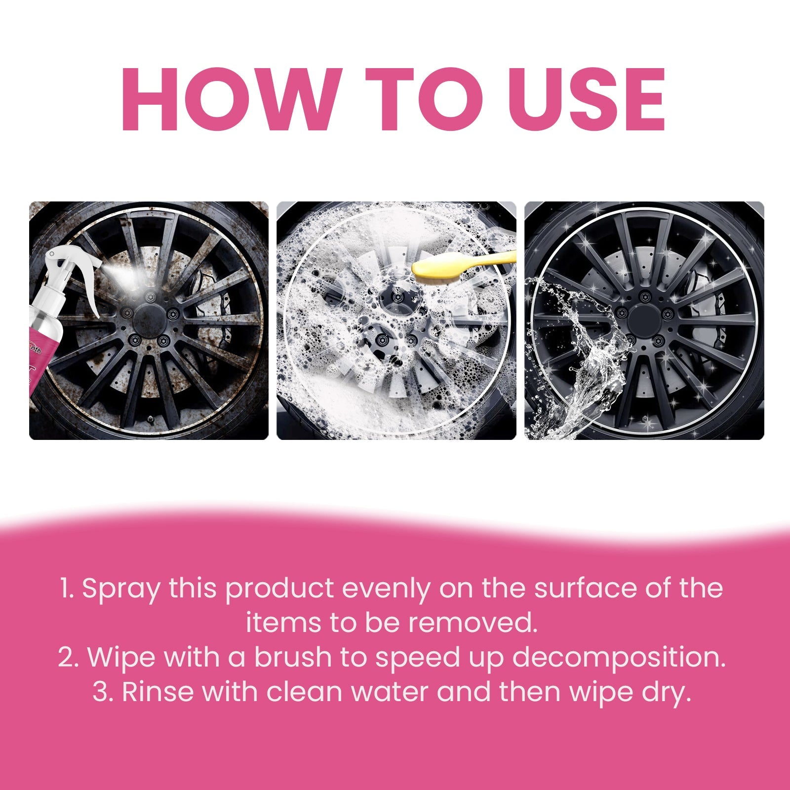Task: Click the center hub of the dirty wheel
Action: [x=149, y=316]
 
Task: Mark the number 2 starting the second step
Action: [x=66, y=658]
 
